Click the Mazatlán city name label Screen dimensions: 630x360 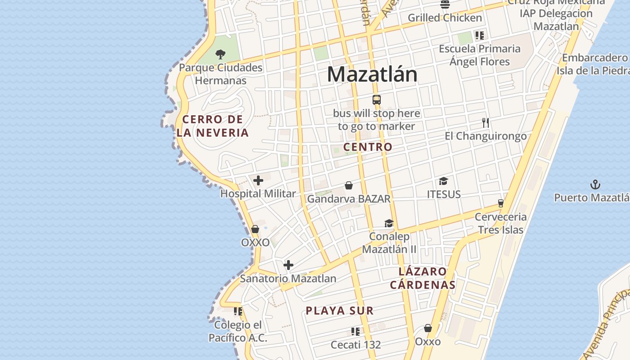point(372,74)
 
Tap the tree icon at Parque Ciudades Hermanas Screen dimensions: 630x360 point(220,54)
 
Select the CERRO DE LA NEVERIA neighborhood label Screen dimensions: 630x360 point(213,126)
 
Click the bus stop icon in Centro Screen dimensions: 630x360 point(377,100)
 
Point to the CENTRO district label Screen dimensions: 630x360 point(368,147)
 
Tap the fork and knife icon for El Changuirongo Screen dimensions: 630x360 point(486,123)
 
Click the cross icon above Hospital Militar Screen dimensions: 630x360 point(258,181)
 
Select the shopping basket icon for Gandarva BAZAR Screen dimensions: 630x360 point(349,185)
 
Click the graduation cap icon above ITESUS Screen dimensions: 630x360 point(444,181)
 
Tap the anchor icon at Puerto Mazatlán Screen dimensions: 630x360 point(595,184)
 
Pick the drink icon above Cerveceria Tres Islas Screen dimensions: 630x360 point(500,203)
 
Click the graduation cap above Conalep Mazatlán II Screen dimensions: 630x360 point(389,224)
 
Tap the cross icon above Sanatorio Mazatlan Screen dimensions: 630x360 point(288,265)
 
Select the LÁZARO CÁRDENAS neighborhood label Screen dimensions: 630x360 point(423,278)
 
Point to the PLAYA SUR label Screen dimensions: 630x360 point(340,310)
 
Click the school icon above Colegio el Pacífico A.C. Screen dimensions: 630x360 point(238,311)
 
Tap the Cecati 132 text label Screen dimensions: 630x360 point(355,345)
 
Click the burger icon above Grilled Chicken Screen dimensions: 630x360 point(445,5)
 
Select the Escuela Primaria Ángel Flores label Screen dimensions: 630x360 point(480,55)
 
